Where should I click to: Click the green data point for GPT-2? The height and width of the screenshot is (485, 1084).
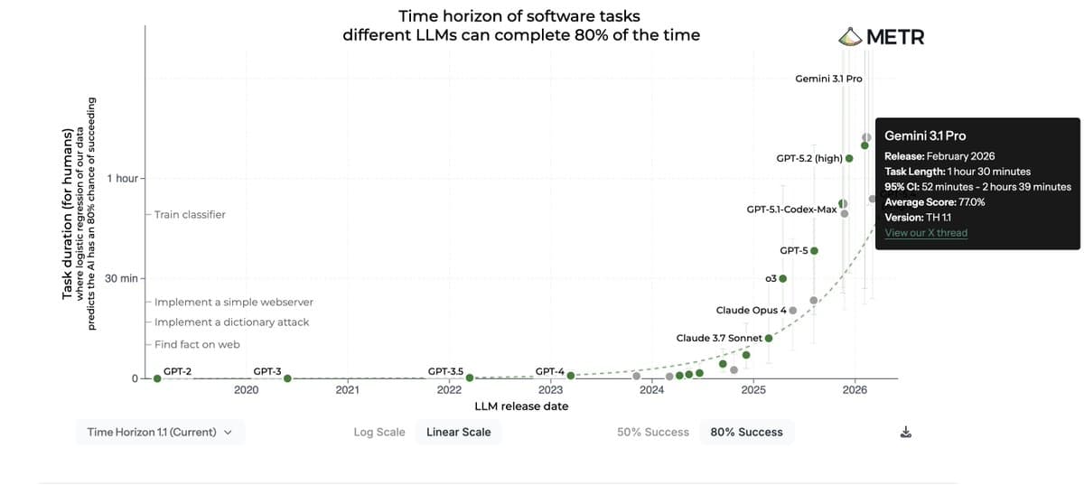point(157,378)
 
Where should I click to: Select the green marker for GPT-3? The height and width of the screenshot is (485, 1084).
point(287,378)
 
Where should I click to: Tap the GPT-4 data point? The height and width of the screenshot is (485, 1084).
point(570,376)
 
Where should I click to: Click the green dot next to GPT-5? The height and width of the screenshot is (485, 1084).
point(814,250)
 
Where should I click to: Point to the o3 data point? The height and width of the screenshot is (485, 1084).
point(783,278)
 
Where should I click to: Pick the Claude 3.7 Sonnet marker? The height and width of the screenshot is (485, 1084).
point(769,338)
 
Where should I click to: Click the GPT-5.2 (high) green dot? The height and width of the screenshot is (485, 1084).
point(849,158)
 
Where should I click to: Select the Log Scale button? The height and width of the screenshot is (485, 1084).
point(379,432)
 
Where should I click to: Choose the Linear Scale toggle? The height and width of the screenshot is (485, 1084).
point(459,432)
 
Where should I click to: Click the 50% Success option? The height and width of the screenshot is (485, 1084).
point(653,432)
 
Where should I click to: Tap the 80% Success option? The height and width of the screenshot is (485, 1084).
point(747,432)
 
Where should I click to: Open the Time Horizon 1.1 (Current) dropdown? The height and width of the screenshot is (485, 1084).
point(160,432)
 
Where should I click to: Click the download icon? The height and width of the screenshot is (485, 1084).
point(906,433)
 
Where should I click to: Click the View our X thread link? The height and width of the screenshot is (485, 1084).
point(926,233)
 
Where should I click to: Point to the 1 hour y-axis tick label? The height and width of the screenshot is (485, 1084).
point(122,178)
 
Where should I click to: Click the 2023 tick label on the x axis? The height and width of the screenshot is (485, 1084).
point(550,390)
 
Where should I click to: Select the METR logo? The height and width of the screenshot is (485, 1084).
point(882,37)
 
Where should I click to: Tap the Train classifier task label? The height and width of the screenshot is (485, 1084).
point(190,215)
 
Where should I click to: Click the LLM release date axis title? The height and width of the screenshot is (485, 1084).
point(521,406)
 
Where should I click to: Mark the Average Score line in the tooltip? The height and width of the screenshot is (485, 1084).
point(934,202)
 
